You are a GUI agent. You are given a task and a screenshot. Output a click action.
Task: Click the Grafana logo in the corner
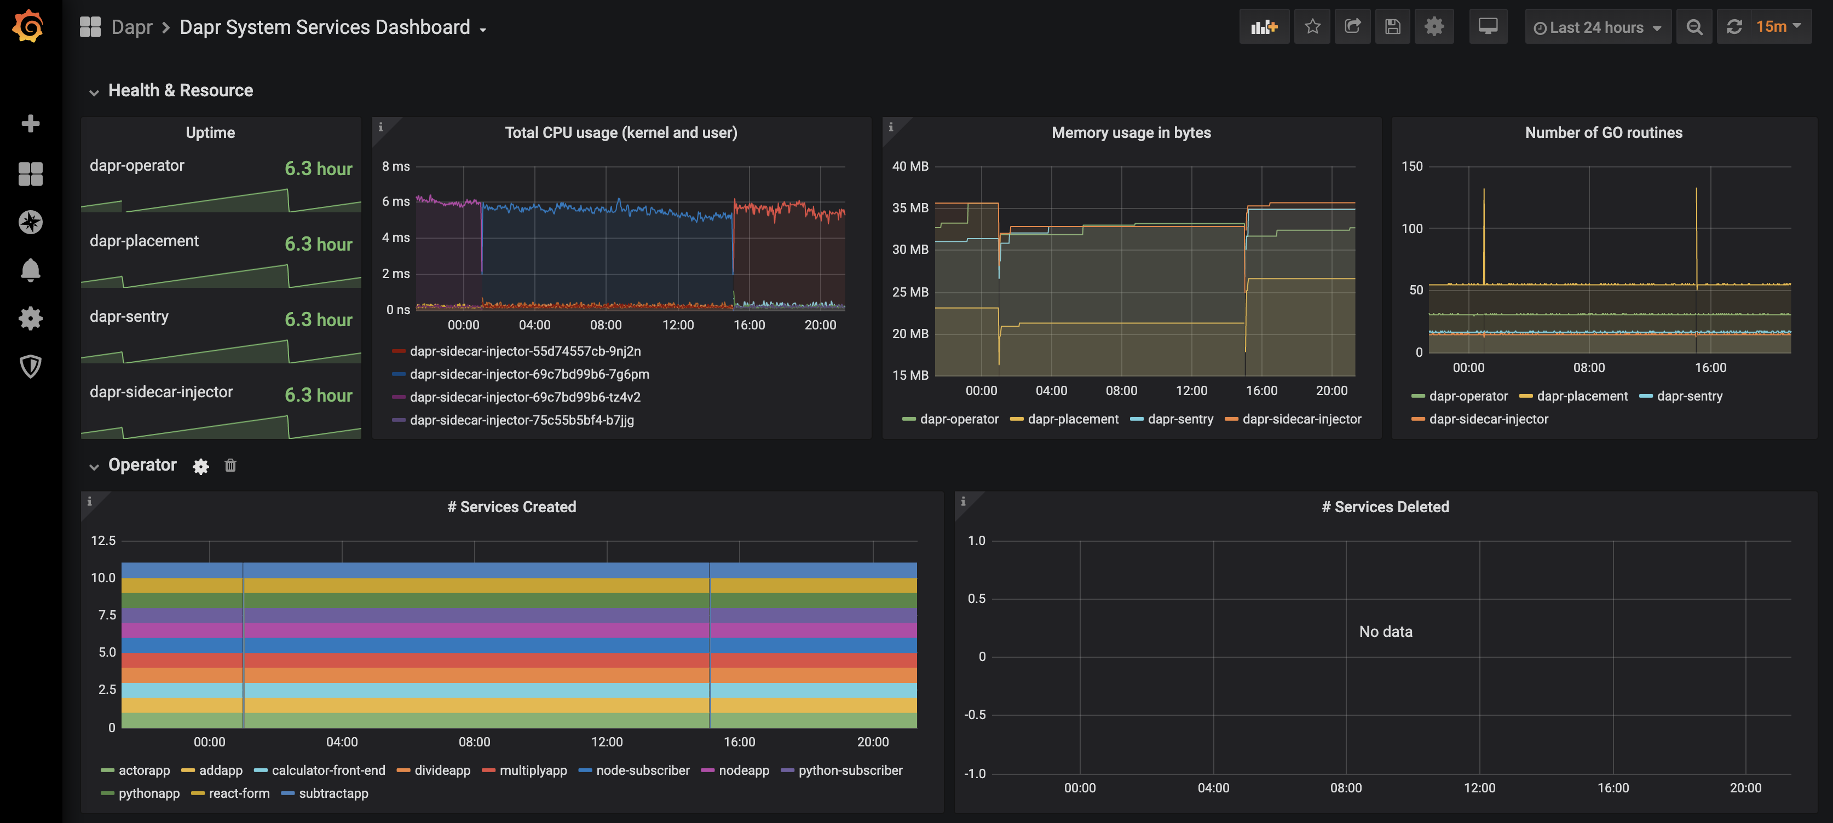pyautogui.click(x=28, y=27)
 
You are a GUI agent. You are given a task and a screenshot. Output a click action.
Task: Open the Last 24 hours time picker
pyautogui.click(x=1597, y=28)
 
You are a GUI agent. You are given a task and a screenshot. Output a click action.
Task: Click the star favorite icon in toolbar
pyautogui.click(x=1312, y=27)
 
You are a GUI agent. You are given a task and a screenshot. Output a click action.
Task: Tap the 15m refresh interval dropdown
pyautogui.click(x=1777, y=27)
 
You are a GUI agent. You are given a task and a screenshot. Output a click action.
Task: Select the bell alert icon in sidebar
pyautogui.click(x=30, y=270)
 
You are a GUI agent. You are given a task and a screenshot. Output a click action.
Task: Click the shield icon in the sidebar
pyautogui.click(x=30, y=366)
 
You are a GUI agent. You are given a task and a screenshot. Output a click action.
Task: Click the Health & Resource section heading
pyautogui.click(x=180, y=90)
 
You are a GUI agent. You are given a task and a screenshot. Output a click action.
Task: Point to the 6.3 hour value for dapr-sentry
pyautogui.click(x=318, y=320)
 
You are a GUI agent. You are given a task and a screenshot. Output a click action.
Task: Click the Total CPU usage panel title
pyautogui.click(x=620, y=132)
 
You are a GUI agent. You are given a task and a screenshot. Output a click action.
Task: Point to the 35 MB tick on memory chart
pyautogui.click(x=910, y=208)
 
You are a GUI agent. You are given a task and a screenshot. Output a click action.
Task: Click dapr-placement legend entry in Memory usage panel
pyautogui.click(x=1073, y=420)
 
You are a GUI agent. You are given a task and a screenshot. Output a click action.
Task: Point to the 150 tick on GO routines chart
pyautogui.click(x=1412, y=166)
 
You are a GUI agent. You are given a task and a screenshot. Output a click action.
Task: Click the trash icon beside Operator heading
pyautogui.click(x=230, y=465)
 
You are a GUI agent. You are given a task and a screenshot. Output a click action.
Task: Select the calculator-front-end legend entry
pyautogui.click(x=328, y=770)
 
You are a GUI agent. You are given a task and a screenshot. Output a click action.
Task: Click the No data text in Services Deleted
pyautogui.click(x=1385, y=631)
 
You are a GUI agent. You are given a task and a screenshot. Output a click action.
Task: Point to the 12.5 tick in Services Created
pyautogui.click(x=103, y=541)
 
